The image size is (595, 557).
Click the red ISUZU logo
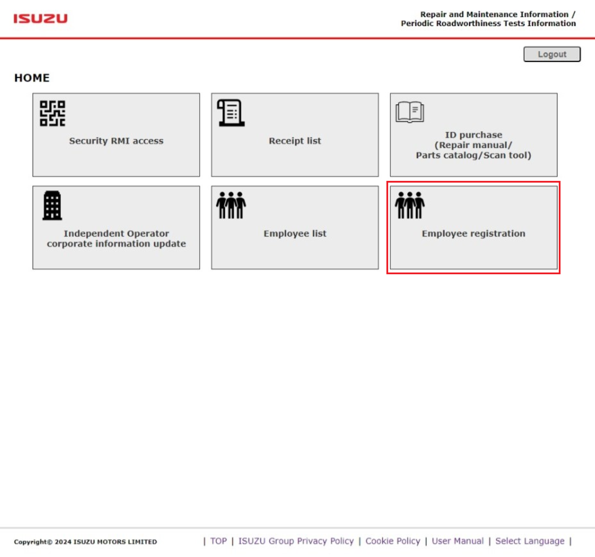(40, 19)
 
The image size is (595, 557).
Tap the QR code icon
(52, 113)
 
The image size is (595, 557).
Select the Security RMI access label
(116, 141)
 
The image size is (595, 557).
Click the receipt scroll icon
(231, 113)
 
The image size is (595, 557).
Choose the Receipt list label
(295, 141)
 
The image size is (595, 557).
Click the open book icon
(410, 112)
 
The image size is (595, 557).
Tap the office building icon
(52, 206)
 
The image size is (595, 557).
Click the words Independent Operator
(116, 233)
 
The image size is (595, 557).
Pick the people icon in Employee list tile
(231, 205)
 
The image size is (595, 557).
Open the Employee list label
(295, 233)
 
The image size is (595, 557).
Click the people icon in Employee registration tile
(410, 205)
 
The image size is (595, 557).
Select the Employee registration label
(473, 233)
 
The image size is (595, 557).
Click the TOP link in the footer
(218, 541)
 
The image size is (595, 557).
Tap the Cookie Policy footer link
(393, 541)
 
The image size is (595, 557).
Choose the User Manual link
(458, 541)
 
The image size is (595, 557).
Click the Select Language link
(530, 541)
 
